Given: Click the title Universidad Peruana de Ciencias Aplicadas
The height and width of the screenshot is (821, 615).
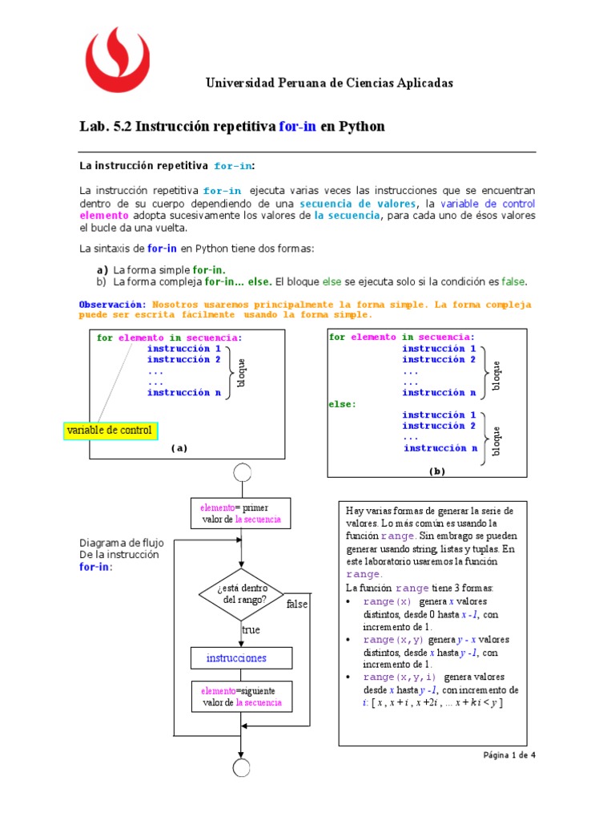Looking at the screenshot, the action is coord(329,83).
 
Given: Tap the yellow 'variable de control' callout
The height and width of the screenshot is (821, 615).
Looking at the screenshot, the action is coord(110,431).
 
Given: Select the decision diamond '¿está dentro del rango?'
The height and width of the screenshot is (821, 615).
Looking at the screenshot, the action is coord(241,594).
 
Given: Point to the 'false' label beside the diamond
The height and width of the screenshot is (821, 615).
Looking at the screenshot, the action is coord(297,604).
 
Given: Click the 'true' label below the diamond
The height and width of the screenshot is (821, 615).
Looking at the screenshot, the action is coord(251,630).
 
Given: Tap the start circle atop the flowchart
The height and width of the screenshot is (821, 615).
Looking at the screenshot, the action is coord(241,472).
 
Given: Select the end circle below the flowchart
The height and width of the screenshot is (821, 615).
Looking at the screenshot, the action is coord(241,767).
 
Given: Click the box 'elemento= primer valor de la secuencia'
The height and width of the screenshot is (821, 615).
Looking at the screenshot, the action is coord(241,513).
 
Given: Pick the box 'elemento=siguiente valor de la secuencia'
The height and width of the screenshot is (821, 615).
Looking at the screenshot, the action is coord(241,697).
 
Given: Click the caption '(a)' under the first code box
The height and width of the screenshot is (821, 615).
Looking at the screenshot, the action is coord(179,449).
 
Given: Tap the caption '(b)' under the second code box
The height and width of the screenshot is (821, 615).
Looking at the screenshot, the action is coord(436,471).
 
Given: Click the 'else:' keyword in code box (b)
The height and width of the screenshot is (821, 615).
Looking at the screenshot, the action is coord(341,404).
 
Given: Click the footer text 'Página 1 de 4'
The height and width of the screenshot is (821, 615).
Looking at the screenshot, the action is coord(508,755).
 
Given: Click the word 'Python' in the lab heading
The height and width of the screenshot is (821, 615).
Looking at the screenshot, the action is coord(362,127).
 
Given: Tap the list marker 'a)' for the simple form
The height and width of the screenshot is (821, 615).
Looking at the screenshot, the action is coord(102,270).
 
